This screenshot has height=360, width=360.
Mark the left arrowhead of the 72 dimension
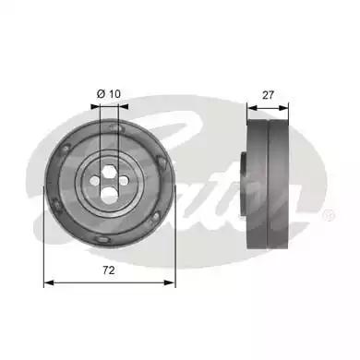pyautogui.click(x=49, y=282)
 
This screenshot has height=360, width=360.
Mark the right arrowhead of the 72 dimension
pyautogui.click(x=172, y=282)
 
